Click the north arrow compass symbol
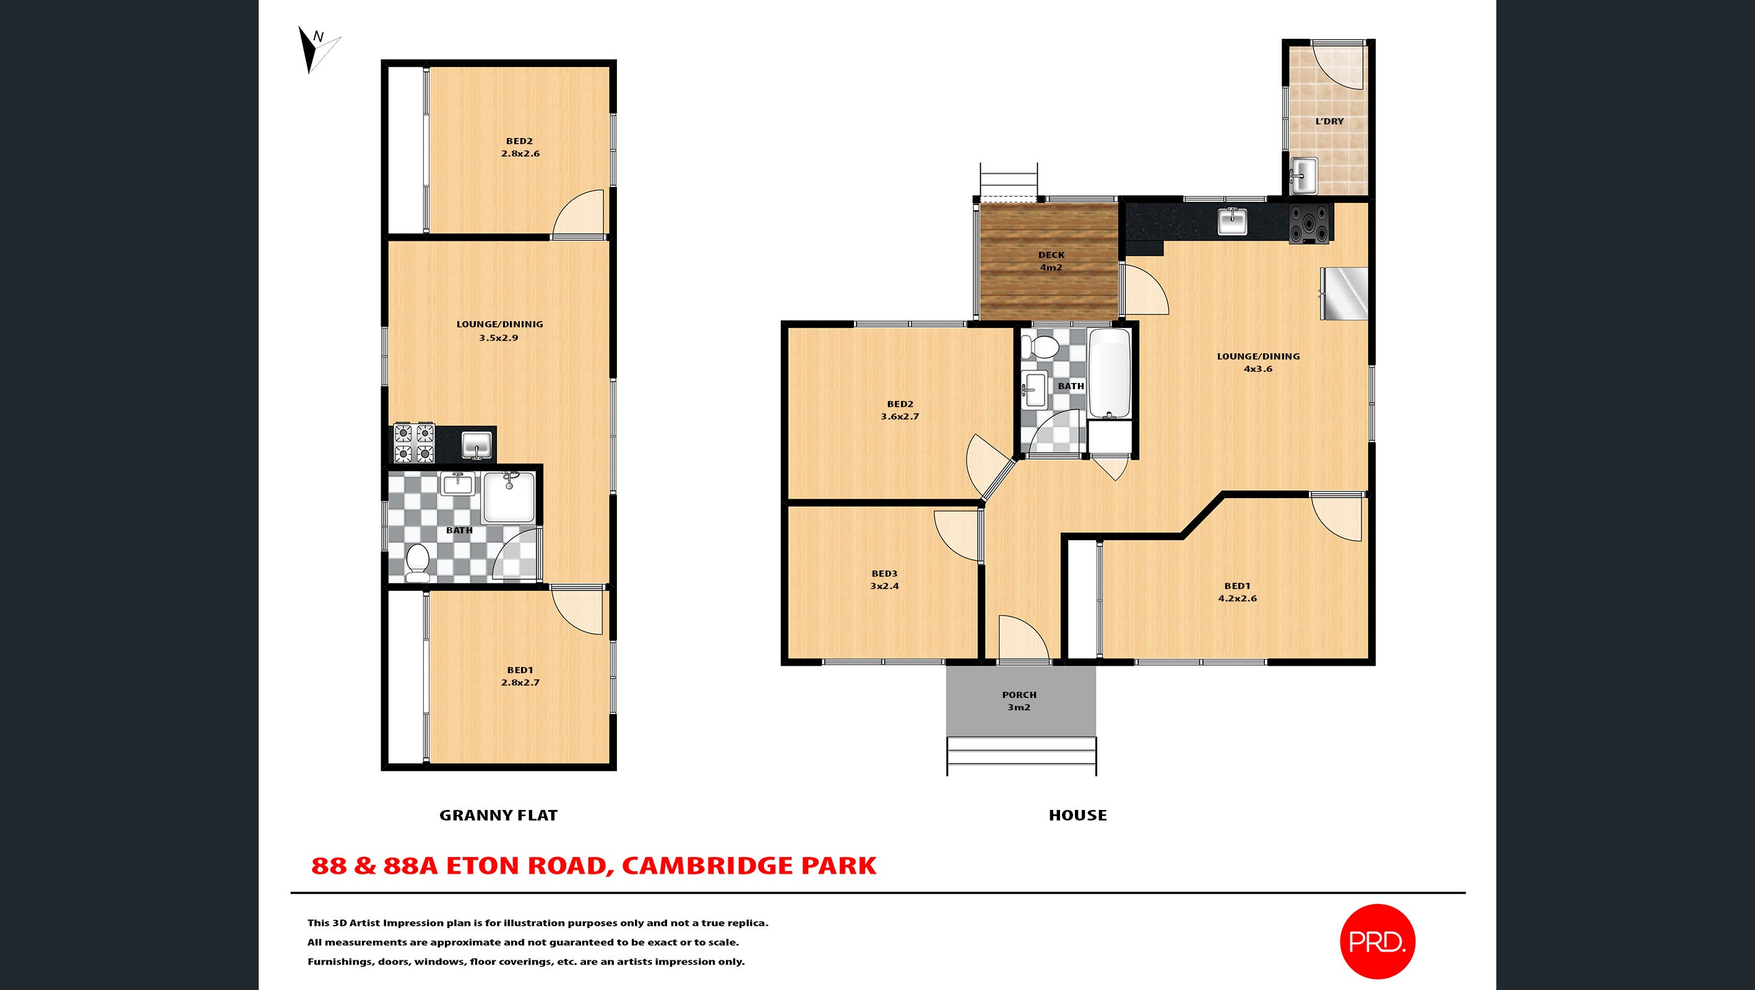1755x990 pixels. tap(317, 49)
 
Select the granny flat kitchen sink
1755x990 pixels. tap(477, 445)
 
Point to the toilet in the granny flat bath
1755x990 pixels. tap(417, 563)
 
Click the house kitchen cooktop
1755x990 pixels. tap(1309, 223)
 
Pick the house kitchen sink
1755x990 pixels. tap(1233, 221)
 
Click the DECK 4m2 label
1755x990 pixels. tap(1051, 261)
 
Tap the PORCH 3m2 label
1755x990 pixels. tap(1019, 701)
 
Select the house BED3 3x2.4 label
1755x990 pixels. tap(884, 580)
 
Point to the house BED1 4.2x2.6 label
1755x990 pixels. tap(1237, 592)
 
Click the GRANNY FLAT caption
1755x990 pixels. tap(498, 815)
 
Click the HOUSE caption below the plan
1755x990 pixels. tap(1078, 815)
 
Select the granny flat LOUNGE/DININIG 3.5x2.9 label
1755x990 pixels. tap(499, 331)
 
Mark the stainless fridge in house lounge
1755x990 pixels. tap(1344, 293)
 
